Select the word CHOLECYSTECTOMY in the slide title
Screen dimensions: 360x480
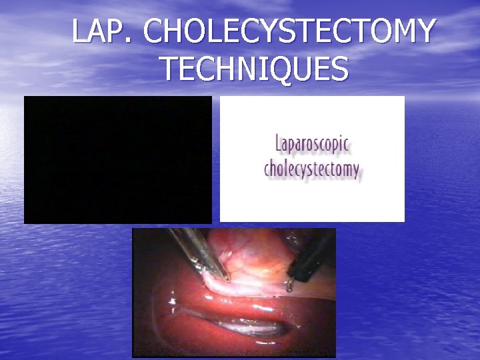click(290, 31)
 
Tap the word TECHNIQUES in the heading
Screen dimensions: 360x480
click(254, 69)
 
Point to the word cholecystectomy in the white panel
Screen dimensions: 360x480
click(312, 168)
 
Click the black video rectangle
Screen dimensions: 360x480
click(118, 159)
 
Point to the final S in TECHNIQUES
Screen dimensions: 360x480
click(339, 69)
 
